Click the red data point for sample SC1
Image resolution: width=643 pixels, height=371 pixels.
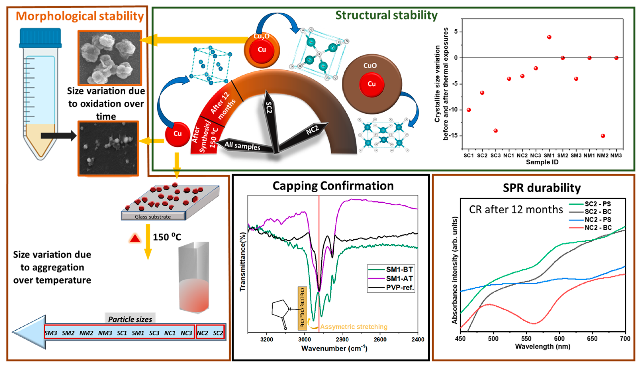[x=468, y=110]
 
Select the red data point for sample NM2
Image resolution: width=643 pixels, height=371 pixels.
[x=603, y=136]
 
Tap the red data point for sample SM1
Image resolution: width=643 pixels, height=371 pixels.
[x=549, y=37]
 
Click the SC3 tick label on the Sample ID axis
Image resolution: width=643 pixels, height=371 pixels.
[x=495, y=155]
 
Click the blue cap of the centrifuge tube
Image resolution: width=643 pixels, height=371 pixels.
[x=40, y=38]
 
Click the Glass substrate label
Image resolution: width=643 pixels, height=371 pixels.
[x=153, y=217]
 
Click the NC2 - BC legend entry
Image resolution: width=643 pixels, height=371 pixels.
[x=598, y=227]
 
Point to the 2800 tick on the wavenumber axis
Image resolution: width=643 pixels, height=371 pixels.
[x=342, y=339]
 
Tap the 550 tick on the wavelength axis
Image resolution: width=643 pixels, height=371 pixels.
[x=526, y=339]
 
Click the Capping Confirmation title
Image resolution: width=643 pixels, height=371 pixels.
[x=333, y=186]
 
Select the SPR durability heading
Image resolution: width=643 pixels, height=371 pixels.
[x=541, y=188]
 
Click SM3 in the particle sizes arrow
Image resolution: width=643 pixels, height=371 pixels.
[x=51, y=333]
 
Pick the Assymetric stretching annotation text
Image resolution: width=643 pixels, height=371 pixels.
[x=354, y=327]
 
